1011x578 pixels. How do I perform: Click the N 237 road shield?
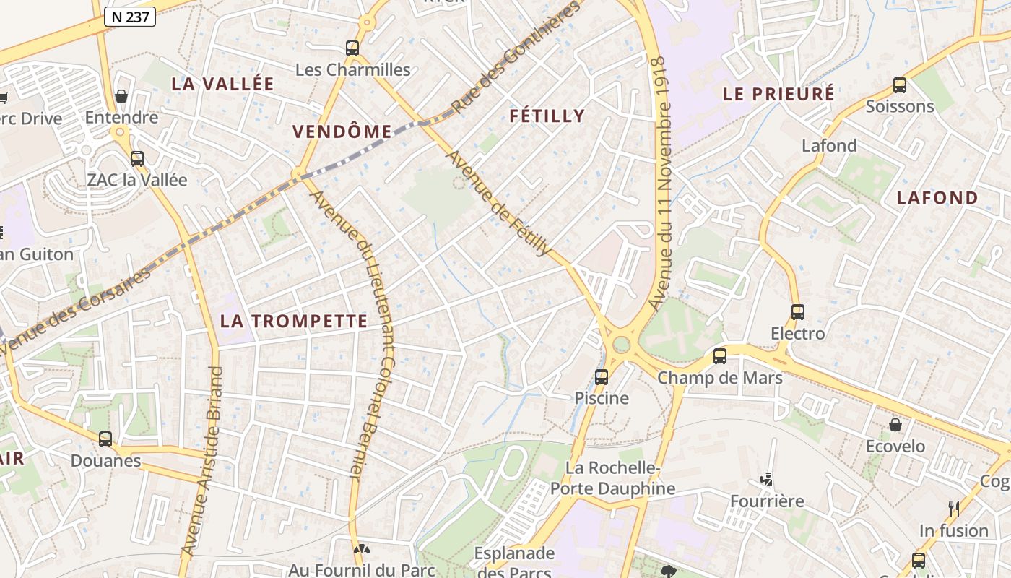coord(130,16)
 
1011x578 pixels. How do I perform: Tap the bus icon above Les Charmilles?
coord(352,48)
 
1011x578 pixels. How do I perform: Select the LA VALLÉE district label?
coord(222,84)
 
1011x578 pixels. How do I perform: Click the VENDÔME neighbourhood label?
coord(342,131)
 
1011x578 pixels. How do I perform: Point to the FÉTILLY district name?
coord(547,116)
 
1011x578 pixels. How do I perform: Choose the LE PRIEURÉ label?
coord(778,94)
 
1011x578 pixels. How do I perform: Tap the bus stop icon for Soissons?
coord(900,85)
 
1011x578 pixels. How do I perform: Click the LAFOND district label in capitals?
coord(937,198)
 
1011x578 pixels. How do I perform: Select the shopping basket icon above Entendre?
coord(121,96)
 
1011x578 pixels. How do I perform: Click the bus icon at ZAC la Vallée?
coord(137,159)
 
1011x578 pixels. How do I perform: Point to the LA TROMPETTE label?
coord(294,322)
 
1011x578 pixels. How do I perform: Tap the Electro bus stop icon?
coord(798,312)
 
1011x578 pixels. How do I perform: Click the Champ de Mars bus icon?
coord(720,356)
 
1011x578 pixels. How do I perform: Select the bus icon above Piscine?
coord(602,376)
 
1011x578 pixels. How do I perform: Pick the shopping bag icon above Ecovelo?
coord(895,425)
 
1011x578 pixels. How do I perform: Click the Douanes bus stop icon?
coord(105,439)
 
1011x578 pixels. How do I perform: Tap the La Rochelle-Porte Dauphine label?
coord(612,478)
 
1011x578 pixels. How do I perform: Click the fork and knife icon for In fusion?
coord(954,509)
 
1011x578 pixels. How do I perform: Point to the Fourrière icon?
coord(767,480)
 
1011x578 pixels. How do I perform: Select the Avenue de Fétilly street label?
coord(498,203)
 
